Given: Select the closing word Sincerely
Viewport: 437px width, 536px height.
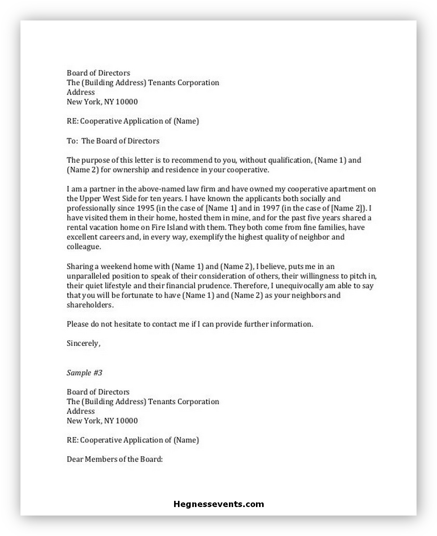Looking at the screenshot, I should (x=83, y=343).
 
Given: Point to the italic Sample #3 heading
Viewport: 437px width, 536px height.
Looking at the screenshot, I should (x=85, y=373).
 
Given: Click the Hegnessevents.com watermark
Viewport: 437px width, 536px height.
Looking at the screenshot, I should (x=218, y=504).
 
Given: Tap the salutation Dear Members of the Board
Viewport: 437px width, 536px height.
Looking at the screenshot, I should (x=115, y=459).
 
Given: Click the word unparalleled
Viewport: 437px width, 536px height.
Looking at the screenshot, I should (x=88, y=276).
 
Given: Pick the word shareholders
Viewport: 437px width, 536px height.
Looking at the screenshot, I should (x=90, y=305).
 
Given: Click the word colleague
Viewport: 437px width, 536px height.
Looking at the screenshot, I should (x=83, y=247).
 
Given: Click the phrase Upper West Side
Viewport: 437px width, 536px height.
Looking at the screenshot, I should (x=108, y=198).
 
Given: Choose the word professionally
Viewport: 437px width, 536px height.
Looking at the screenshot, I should (x=91, y=208).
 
